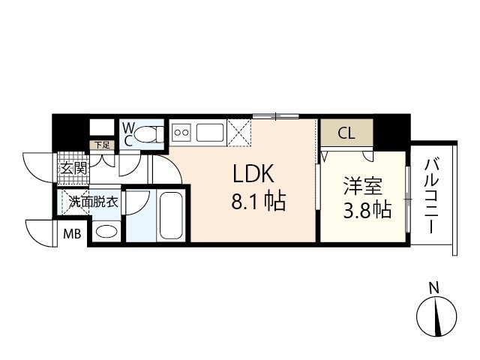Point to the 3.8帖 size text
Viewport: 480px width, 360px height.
click(x=367, y=210)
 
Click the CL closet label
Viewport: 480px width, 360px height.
click(x=346, y=134)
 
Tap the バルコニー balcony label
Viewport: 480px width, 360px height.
click(x=432, y=195)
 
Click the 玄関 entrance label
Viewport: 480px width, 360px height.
click(x=73, y=168)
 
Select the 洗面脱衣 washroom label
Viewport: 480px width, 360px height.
click(x=93, y=201)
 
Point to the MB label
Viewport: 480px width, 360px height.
click(x=72, y=233)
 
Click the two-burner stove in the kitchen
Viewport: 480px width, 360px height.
click(x=182, y=133)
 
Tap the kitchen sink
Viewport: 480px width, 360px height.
click(x=211, y=133)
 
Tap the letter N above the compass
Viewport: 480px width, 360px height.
click(x=433, y=286)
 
